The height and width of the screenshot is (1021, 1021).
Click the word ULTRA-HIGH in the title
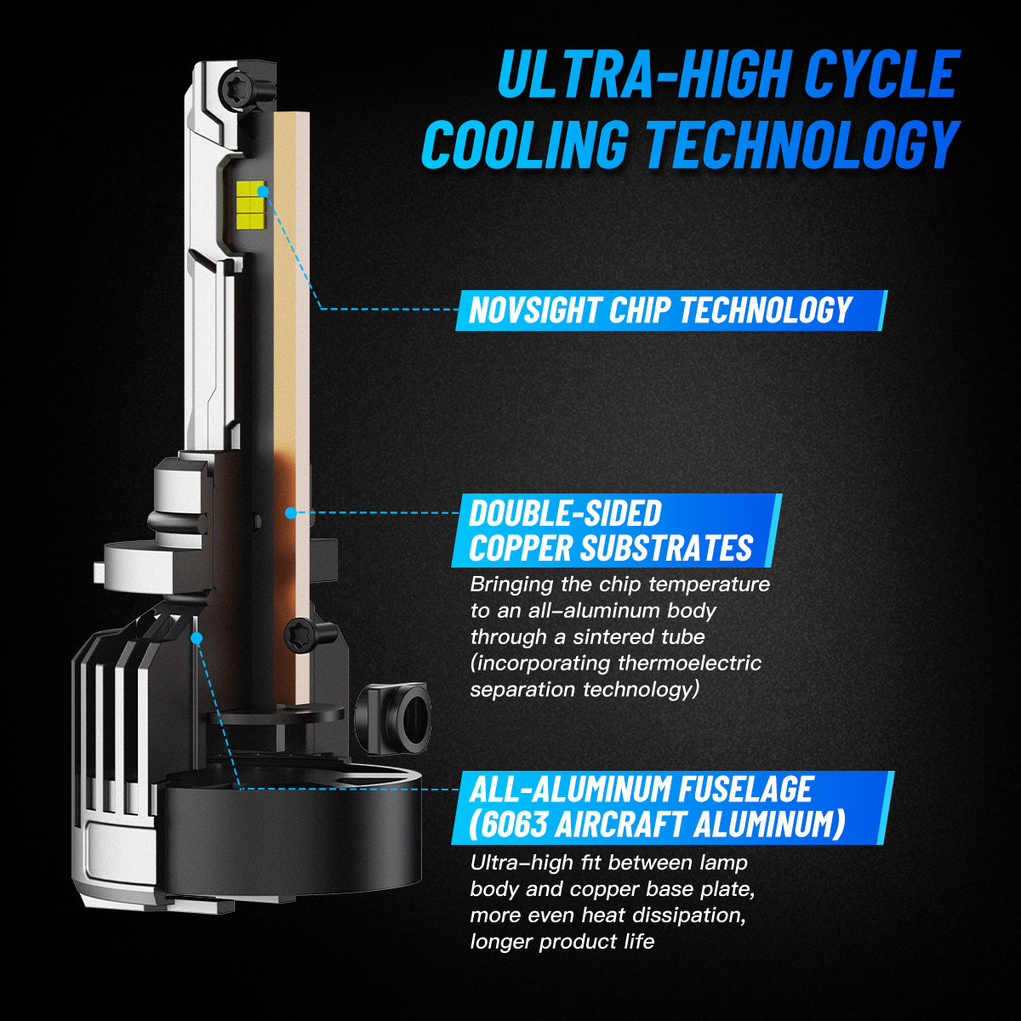tap(642, 74)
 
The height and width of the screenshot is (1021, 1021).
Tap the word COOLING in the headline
tap(525, 144)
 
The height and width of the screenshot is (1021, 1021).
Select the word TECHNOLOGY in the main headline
tap(801, 144)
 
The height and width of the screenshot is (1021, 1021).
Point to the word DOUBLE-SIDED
tap(565, 513)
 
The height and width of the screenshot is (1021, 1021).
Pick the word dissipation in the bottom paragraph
tap(689, 915)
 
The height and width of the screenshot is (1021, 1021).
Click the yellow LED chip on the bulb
tap(251, 202)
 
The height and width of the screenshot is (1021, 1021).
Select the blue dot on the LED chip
tap(262, 191)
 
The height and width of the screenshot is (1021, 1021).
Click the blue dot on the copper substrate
tap(290, 512)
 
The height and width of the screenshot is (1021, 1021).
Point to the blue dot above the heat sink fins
tap(197, 638)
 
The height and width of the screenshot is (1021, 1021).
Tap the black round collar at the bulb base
tap(294, 832)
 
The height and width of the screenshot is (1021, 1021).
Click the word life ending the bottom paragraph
tap(642, 942)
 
